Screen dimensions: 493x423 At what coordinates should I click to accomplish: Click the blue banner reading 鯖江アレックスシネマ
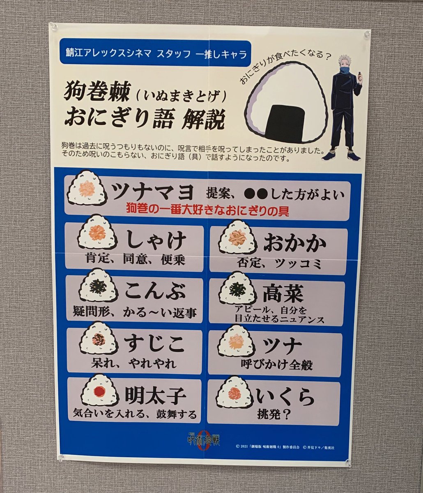155,53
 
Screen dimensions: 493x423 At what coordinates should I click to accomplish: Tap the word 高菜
283,293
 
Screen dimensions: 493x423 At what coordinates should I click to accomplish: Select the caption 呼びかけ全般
276,364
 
